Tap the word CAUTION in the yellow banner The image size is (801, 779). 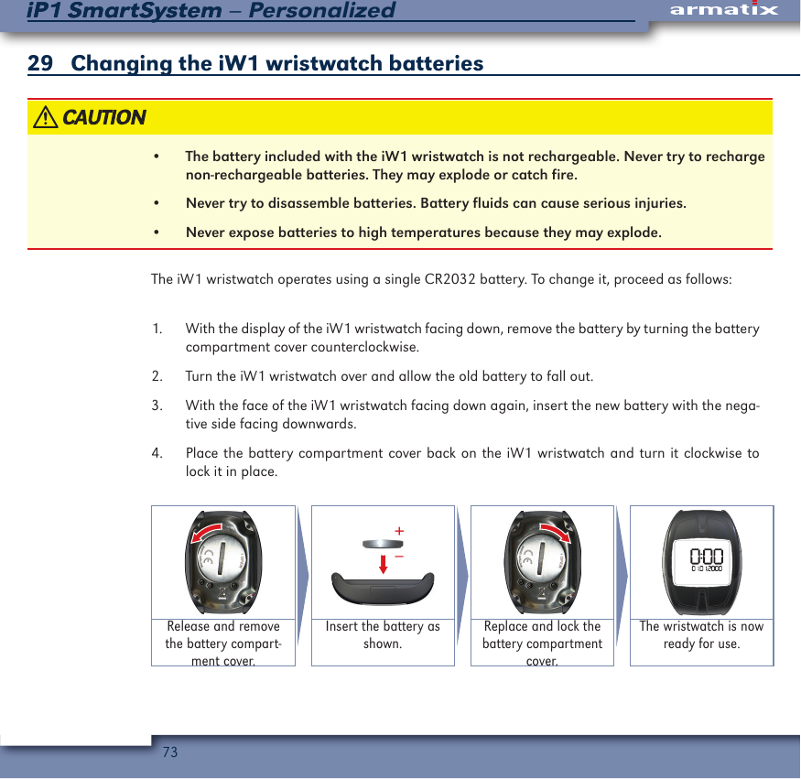tap(103, 118)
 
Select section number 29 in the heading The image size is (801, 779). tap(39, 64)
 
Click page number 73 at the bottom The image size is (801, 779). tap(169, 752)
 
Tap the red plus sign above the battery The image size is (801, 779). tap(399, 531)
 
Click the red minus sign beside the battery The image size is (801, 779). tap(400, 555)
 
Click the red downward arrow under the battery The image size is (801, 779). tap(383, 562)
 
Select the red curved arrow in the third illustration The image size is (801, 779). tap(555, 532)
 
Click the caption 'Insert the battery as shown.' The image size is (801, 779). tap(383, 635)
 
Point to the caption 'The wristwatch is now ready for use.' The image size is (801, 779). tap(701, 635)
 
